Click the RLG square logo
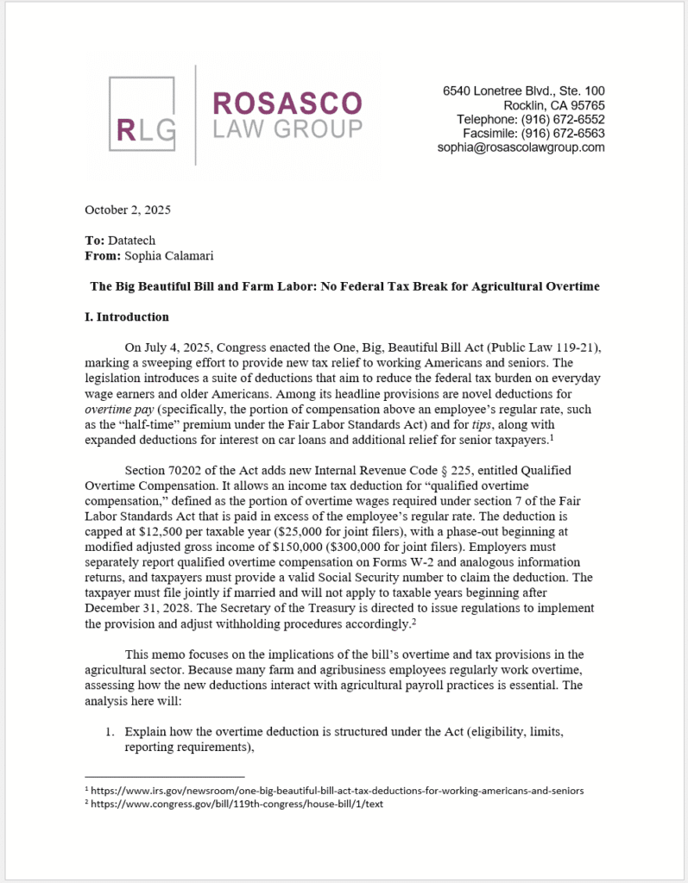143,115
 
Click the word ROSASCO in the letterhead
287,103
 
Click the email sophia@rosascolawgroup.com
521,147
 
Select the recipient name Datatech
133,241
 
